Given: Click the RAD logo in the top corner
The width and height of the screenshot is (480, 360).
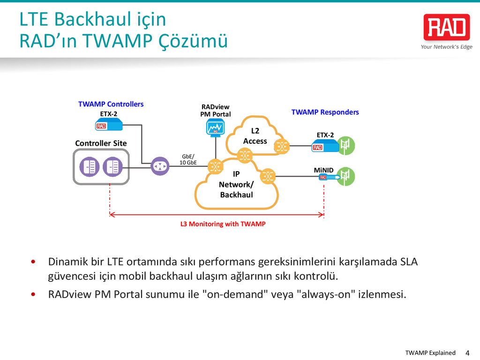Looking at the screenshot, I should [x=446, y=27].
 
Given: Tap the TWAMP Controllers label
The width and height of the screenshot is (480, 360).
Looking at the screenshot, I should [x=111, y=104].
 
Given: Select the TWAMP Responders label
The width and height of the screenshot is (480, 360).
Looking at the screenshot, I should [x=325, y=112].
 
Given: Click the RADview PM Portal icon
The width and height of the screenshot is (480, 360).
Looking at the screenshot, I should [x=215, y=127].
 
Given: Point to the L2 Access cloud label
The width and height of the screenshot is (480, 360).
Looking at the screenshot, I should [x=255, y=136].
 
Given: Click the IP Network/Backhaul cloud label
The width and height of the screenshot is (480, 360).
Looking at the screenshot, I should [x=236, y=184].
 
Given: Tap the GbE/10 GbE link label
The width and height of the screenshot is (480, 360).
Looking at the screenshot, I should [x=188, y=159].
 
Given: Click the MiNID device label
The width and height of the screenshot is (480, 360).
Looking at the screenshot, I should [x=323, y=170].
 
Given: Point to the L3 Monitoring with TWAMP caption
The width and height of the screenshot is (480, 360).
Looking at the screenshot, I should [x=223, y=224].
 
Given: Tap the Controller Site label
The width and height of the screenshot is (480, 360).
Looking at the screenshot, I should [x=101, y=143].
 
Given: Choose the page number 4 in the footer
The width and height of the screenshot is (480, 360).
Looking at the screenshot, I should [x=466, y=352].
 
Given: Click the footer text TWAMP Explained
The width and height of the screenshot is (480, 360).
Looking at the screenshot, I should [x=430, y=353].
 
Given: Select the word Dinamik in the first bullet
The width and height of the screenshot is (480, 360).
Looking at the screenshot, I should [x=66, y=261].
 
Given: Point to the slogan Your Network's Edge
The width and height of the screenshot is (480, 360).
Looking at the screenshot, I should [x=446, y=47].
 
